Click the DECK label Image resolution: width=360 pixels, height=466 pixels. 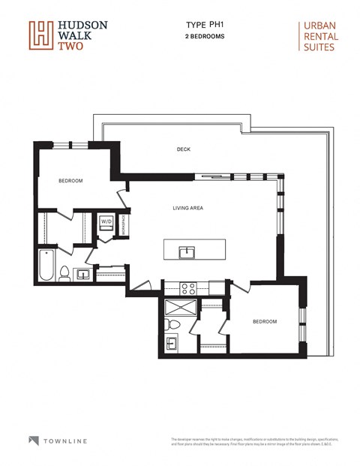[x=184, y=149]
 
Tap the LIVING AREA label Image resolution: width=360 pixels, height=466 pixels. [x=189, y=208]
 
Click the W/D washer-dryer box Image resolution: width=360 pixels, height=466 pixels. [x=106, y=222]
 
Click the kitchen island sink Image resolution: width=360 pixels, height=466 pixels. [x=186, y=251]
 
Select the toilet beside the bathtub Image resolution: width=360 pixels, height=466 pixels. [x=64, y=274]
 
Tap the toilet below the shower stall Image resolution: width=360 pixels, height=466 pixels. [x=172, y=324]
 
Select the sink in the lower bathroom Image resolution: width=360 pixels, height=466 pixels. [x=172, y=344]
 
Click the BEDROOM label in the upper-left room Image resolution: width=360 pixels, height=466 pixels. [x=70, y=181]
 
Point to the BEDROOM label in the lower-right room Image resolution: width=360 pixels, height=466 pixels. [x=264, y=322]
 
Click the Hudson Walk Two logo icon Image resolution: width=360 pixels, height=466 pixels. [x=40, y=35]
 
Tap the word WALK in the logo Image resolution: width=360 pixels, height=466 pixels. [x=71, y=35]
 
